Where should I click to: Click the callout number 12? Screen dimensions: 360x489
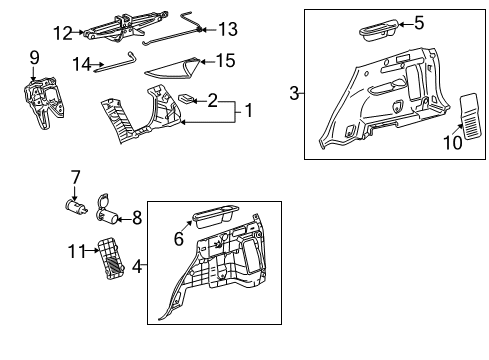coord(62,34)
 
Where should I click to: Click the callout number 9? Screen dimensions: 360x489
coord(34,56)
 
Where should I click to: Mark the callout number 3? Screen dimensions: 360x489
coord(294,94)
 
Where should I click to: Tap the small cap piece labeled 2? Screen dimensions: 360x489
coord(185,100)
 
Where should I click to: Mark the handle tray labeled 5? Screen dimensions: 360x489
coord(372,27)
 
